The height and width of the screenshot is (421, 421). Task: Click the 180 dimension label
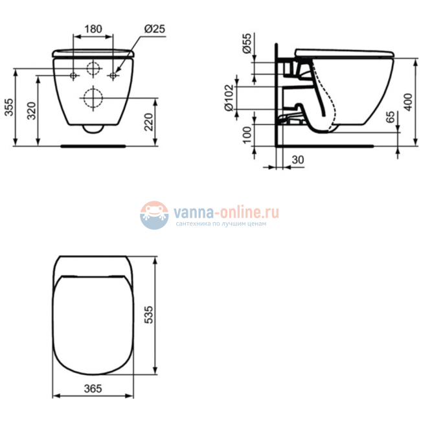click(x=94, y=28)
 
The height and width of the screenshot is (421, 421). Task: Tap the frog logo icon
click(x=154, y=215)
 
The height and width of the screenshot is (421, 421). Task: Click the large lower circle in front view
click(x=94, y=98)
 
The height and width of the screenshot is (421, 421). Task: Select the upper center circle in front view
click(x=94, y=69)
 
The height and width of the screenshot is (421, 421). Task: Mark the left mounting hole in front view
click(x=74, y=76)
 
